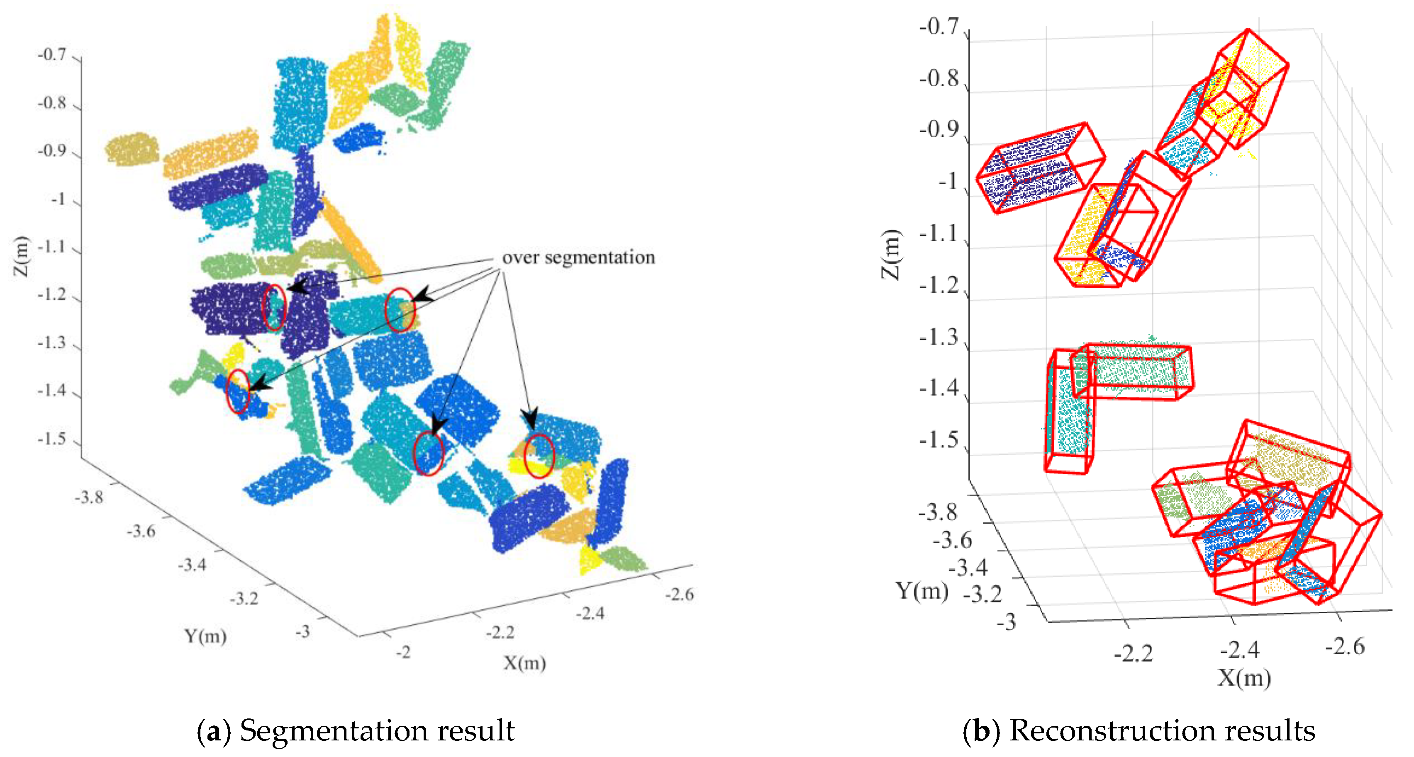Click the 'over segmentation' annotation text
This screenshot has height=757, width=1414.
tap(578, 257)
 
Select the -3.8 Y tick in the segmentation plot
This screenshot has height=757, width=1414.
tap(89, 497)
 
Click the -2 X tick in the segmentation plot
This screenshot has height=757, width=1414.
tap(403, 652)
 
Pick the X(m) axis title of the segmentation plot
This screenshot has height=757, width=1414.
tap(524, 663)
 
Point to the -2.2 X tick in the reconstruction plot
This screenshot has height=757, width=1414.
tap(1134, 653)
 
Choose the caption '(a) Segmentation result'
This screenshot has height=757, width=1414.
tap(356, 730)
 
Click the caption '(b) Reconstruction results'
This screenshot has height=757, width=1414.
tap(1139, 730)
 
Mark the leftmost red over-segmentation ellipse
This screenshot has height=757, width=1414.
tap(238, 391)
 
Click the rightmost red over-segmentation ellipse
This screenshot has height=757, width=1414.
tap(539, 456)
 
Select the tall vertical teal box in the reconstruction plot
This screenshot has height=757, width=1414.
tap(1068, 411)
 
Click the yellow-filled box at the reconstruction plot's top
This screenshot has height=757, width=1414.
tap(1246, 88)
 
